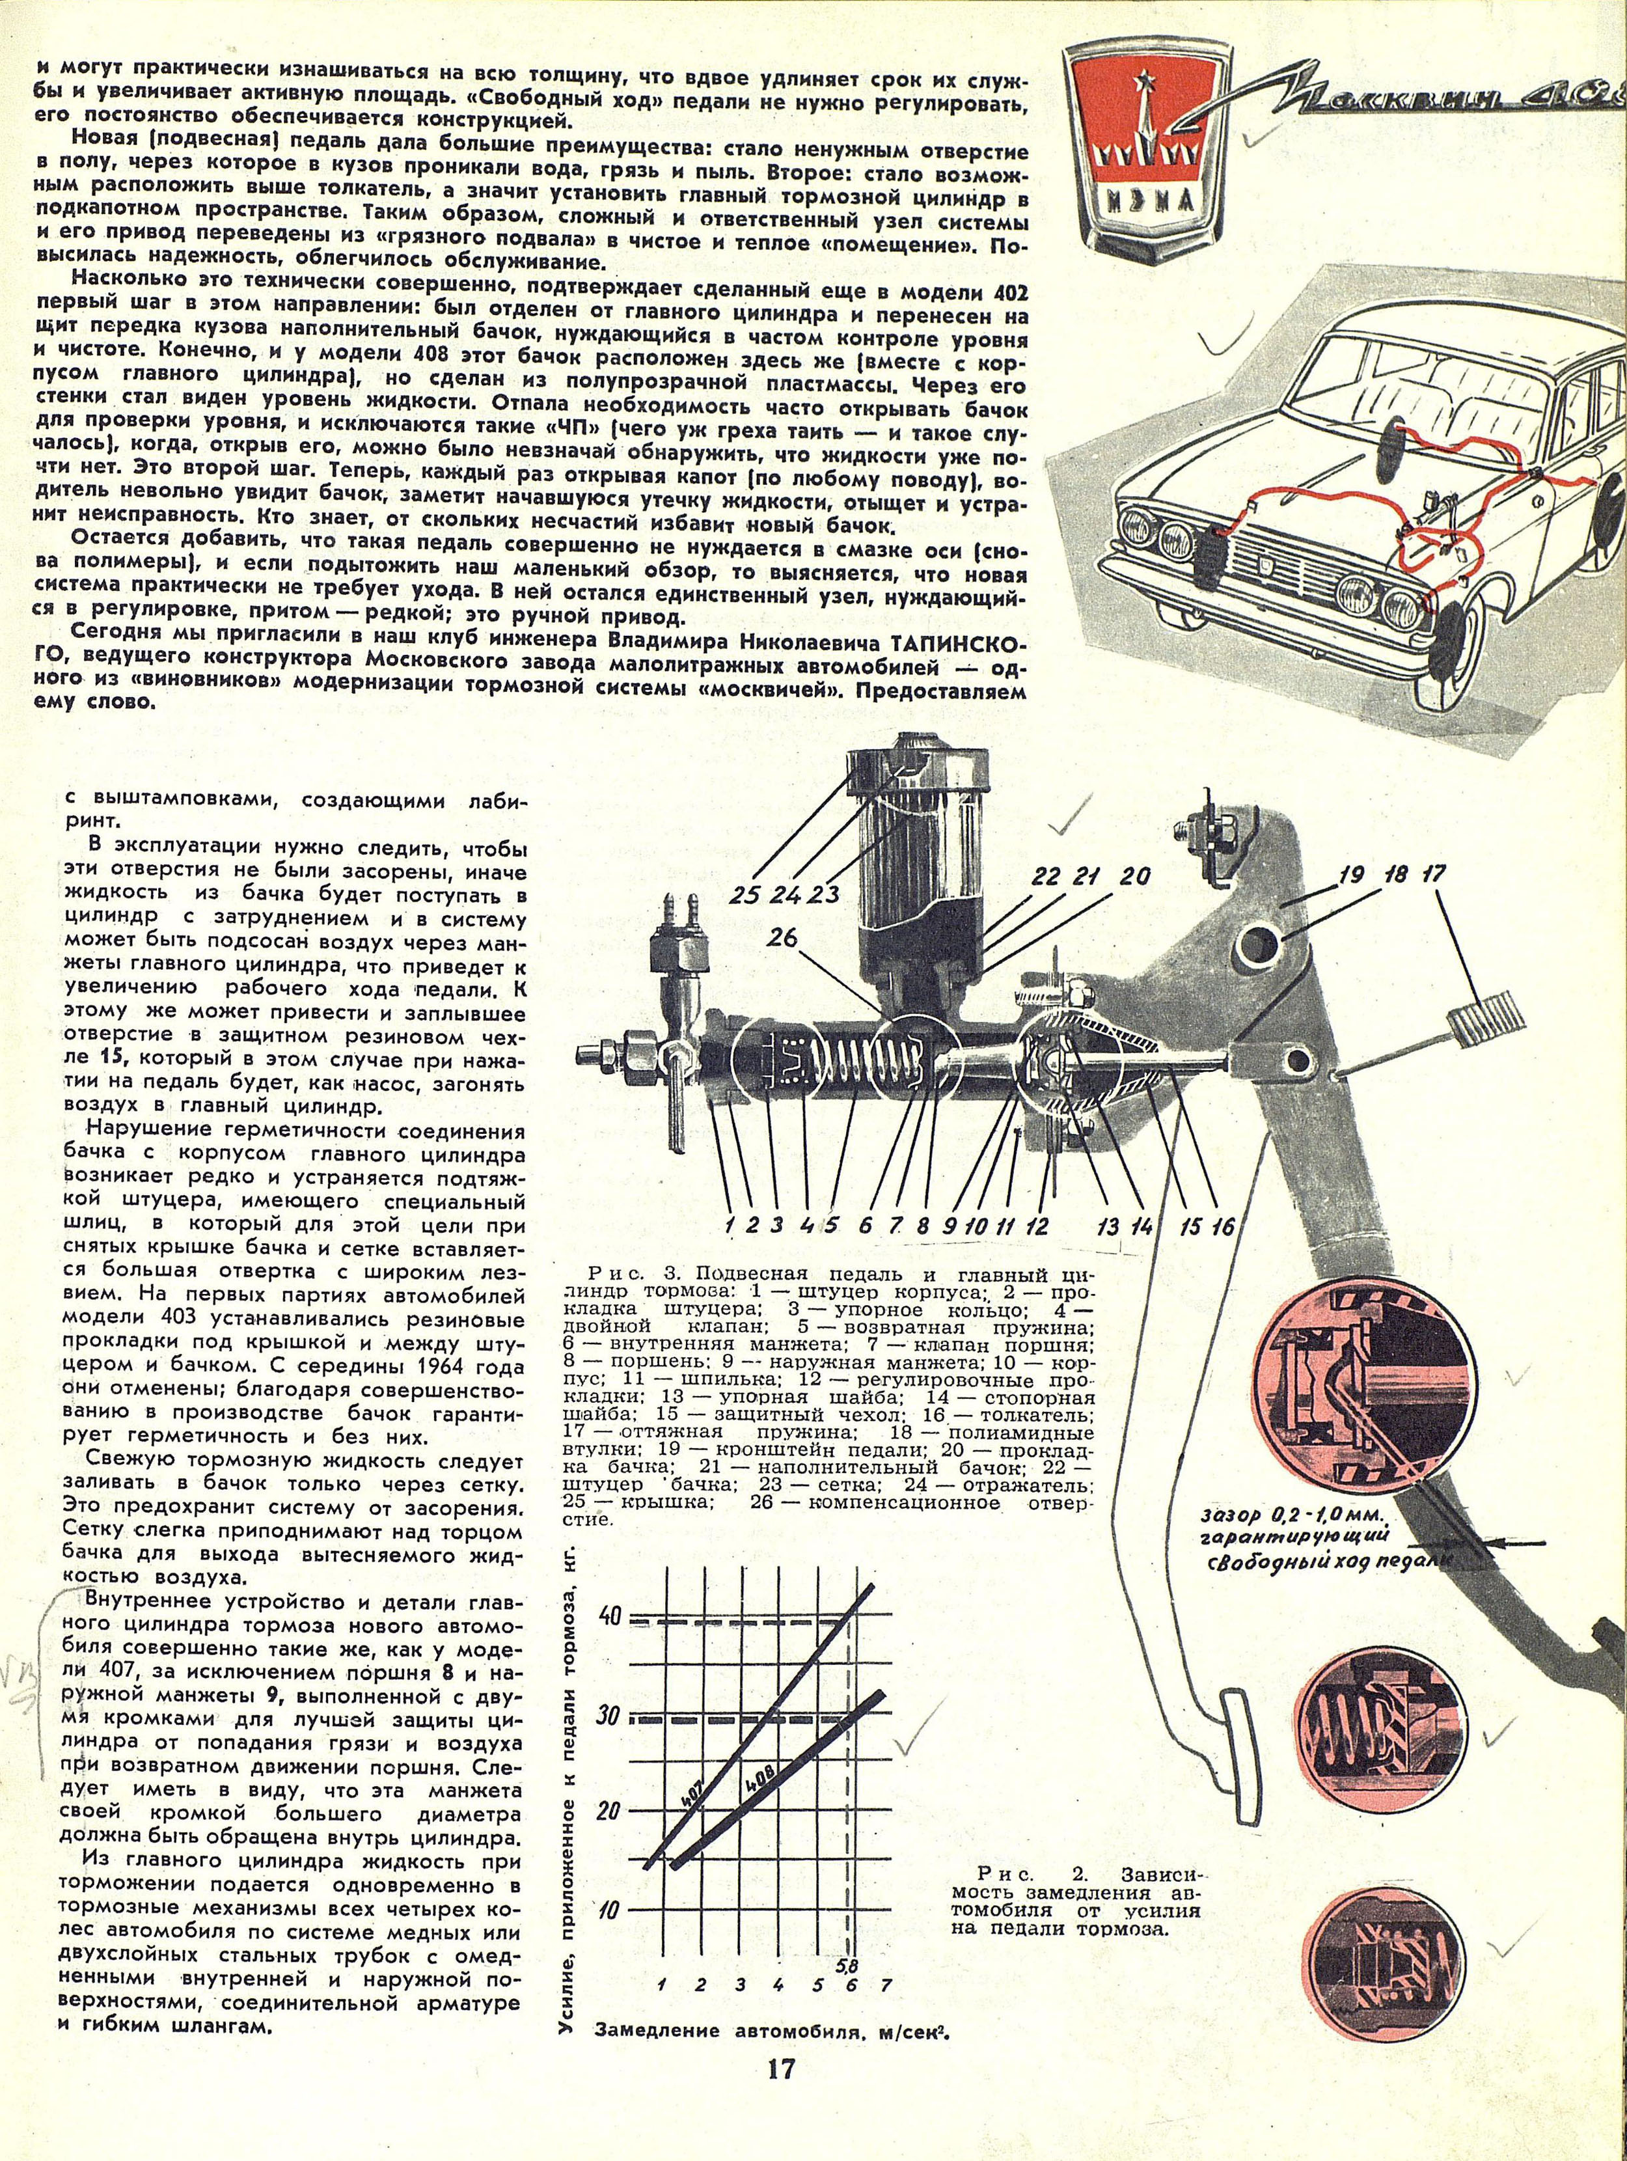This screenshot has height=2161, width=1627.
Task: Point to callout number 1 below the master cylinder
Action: pyautogui.click(x=728, y=1225)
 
